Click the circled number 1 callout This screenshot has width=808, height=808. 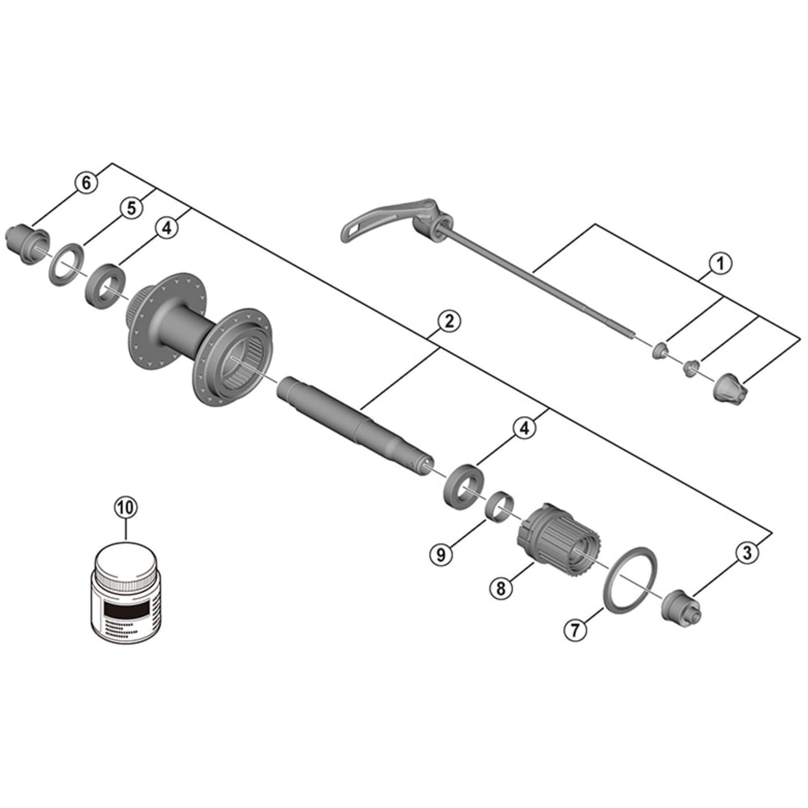(x=720, y=264)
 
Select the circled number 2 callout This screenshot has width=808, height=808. (x=449, y=322)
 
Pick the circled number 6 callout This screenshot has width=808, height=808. (x=86, y=183)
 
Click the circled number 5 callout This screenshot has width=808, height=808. (x=132, y=208)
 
